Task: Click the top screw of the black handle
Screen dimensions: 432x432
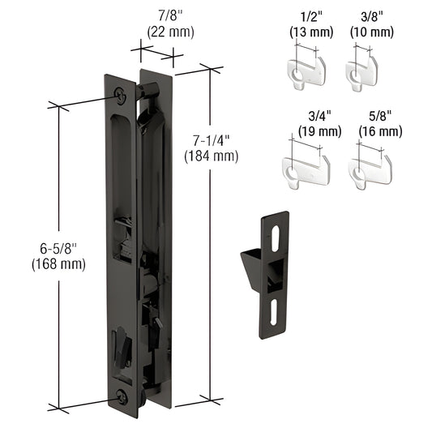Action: click(x=121, y=94)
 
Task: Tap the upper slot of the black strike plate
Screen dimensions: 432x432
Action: click(x=276, y=237)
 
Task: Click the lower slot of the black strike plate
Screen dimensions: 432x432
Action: click(x=276, y=311)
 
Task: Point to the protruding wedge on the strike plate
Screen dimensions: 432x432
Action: click(x=252, y=267)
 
